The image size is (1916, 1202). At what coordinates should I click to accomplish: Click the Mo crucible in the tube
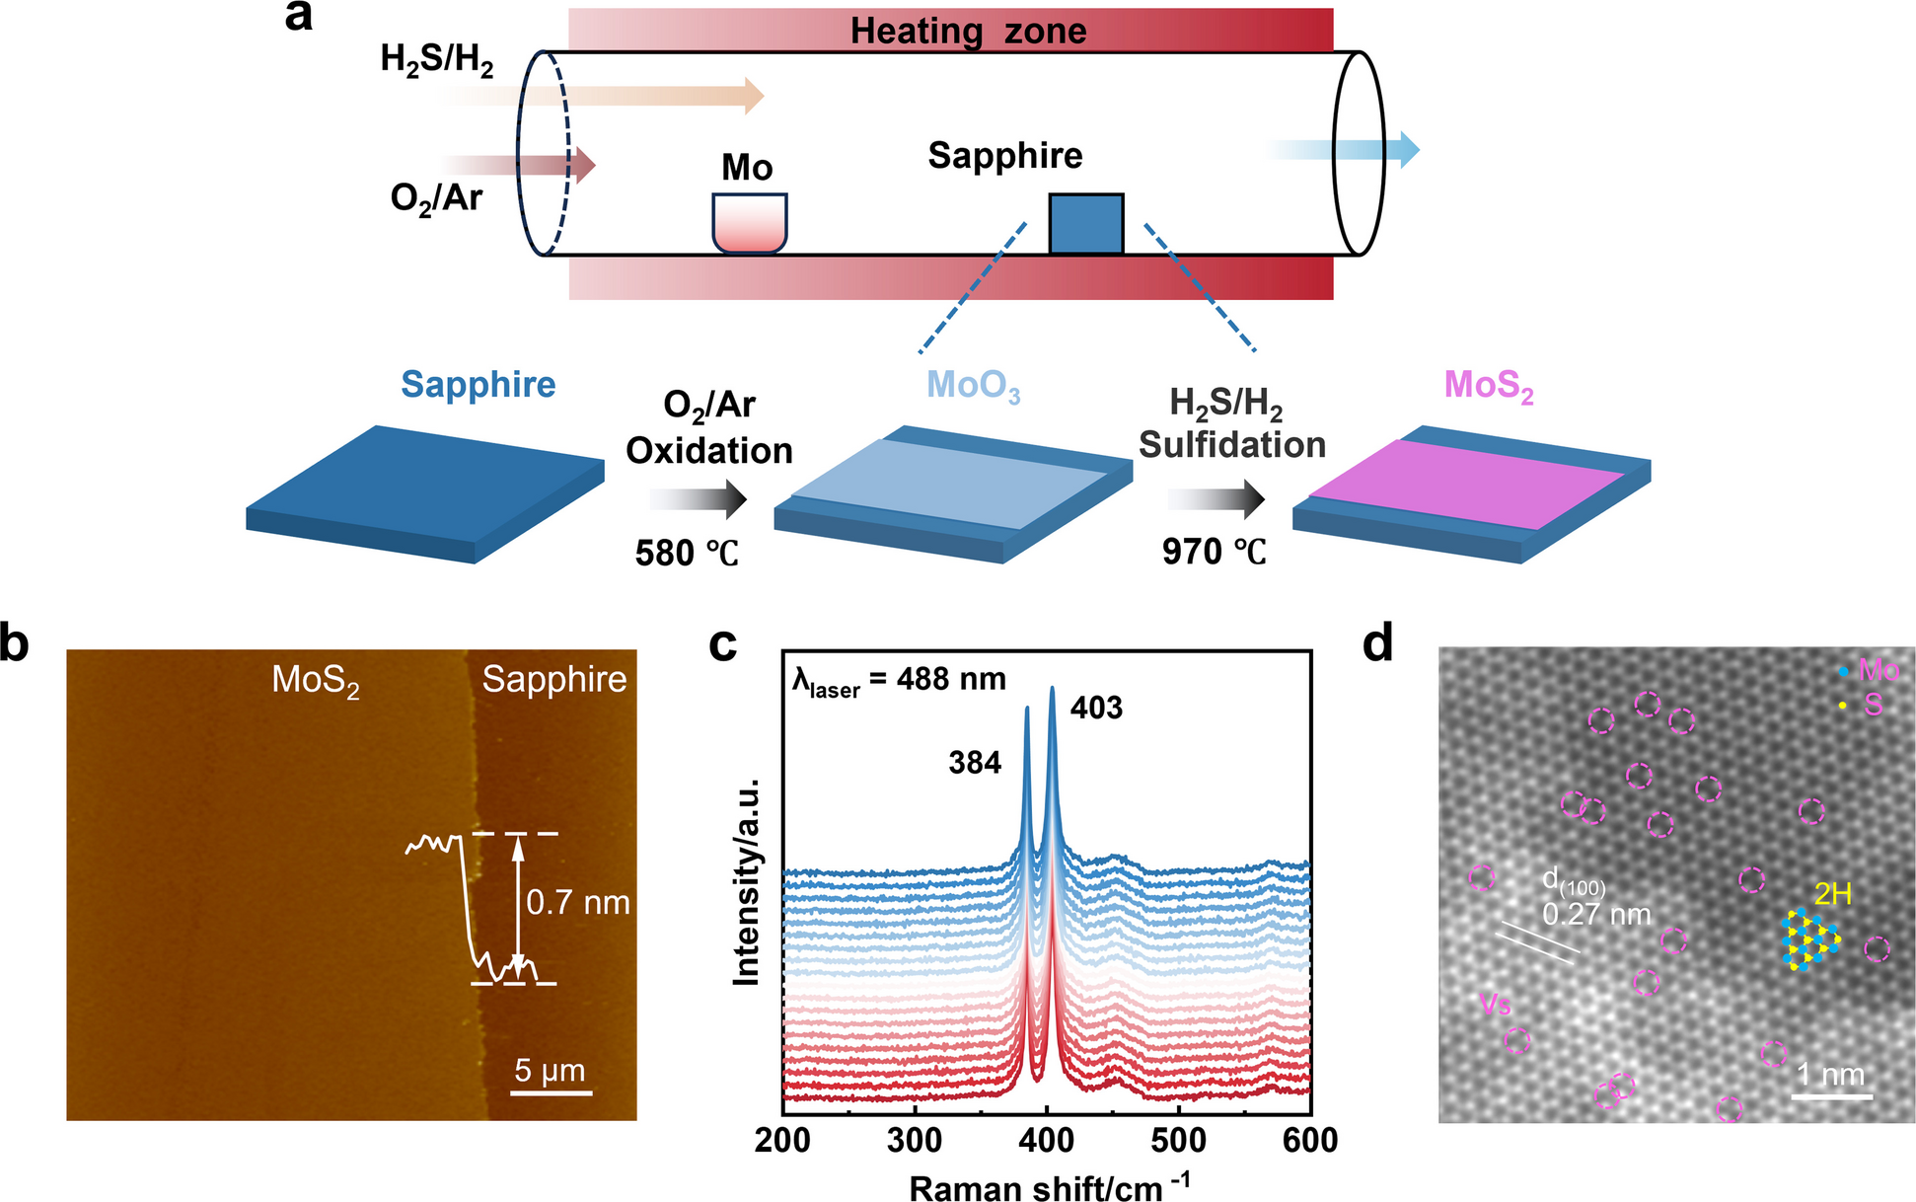[750, 223]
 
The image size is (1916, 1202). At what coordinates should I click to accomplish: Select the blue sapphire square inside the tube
[1085, 224]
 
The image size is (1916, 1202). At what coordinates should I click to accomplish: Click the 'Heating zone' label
[968, 31]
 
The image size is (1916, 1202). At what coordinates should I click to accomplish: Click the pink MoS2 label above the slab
[1488, 387]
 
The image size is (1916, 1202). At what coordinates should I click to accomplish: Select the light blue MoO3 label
[973, 387]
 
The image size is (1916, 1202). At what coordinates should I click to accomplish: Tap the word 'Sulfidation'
[1231, 445]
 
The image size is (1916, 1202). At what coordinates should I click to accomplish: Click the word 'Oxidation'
[709, 451]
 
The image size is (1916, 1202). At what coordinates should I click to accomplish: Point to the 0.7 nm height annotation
[577, 902]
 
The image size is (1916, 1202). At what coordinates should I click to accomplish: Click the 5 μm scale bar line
[553, 1092]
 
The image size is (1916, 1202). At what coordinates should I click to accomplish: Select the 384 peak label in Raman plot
[975, 763]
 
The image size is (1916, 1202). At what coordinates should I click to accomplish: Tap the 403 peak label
[1096, 708]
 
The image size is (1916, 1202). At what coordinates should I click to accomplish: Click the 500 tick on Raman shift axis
[1179, 1141]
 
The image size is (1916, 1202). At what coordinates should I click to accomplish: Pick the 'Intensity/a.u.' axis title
[747, 881]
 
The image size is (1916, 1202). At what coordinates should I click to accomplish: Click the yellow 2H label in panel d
[1832, 894]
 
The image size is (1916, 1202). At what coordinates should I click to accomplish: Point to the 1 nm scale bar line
[1832, 1095]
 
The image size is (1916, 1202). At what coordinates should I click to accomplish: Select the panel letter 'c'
[723, 644]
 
